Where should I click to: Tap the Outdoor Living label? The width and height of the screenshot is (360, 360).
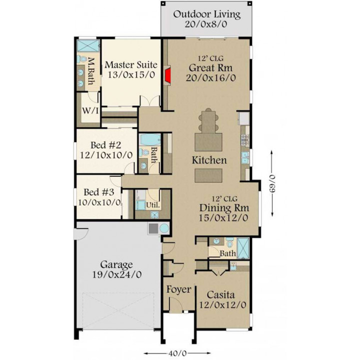(207, 14)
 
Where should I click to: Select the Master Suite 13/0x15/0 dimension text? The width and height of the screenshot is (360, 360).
(131, 74)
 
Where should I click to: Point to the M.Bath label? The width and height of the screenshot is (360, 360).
(91, 71)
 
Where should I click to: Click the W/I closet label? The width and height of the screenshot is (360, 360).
(90, 111)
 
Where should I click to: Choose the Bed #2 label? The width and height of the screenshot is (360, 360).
(105, 145)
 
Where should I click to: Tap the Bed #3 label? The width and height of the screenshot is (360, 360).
(98, 192)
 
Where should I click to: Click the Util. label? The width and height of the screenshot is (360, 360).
(153, 205)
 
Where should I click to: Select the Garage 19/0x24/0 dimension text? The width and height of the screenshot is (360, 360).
(116, 274)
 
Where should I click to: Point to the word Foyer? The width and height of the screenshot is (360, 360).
(178, 289)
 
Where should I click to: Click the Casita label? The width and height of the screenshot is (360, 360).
(220, 294)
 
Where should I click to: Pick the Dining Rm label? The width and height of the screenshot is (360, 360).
(224, 208)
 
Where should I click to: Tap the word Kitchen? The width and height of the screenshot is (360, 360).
(209, 160)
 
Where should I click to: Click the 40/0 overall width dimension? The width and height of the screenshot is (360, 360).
(177, 353)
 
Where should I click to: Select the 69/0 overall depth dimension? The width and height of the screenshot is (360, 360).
(271, 183)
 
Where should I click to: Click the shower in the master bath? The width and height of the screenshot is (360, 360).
(88, 45)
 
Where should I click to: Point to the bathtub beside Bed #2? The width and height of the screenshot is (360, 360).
(150, 140)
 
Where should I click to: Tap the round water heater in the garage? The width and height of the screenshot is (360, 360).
(164, 228)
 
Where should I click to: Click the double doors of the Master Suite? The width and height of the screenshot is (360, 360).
(150, 101)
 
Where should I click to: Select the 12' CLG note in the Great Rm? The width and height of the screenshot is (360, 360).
(211, 59)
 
